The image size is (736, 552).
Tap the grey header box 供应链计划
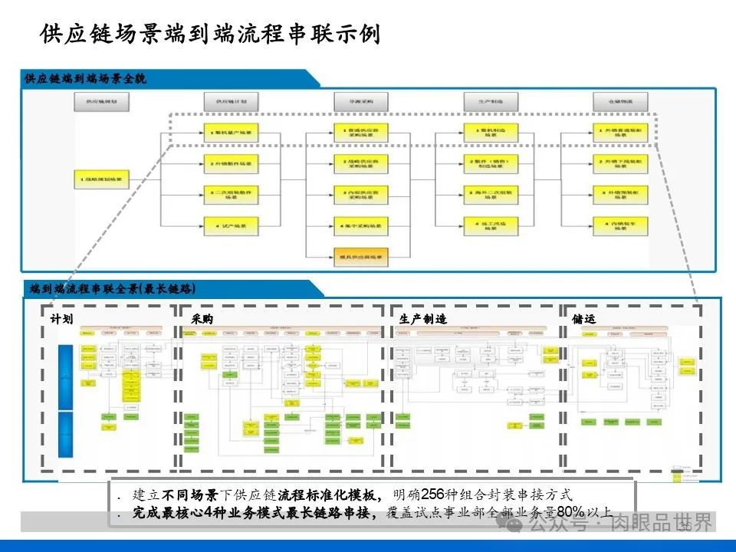[x=231, y=101]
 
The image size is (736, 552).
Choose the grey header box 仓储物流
[x=620, y=101]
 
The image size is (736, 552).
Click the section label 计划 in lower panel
[x=61, y=318]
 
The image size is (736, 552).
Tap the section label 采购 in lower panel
[x=202, y=318]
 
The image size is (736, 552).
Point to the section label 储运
[x=583, y=318]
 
